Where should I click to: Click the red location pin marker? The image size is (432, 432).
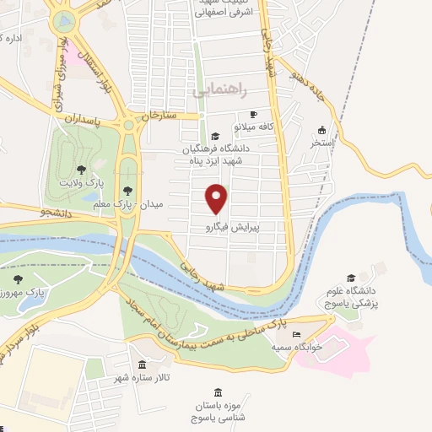click(217, 198)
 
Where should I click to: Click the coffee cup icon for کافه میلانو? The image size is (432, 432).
click(252, 114)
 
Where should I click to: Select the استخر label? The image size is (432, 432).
click(321, 144)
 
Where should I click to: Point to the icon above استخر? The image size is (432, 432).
click(321, 130)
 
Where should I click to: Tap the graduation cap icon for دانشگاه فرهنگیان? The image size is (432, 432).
click(214, 136)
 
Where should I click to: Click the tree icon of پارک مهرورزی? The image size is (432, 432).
click(18, 279)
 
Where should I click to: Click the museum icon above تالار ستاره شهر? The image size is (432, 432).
click(142, 365)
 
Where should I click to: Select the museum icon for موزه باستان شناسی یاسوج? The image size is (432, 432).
click(219, 392)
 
